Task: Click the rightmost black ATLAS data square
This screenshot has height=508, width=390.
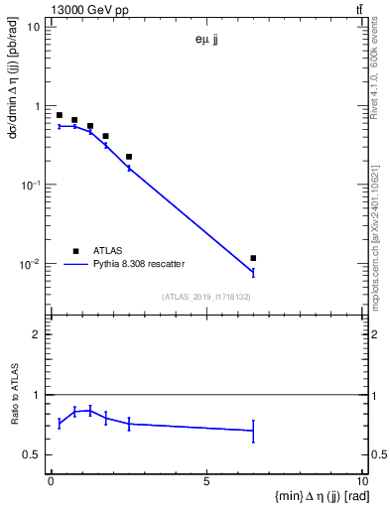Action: point(253,258)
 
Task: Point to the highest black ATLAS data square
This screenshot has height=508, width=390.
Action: point(59,115)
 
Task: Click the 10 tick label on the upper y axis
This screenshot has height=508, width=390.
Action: point(34,27)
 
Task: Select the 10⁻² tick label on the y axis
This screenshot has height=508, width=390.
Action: point(29,265)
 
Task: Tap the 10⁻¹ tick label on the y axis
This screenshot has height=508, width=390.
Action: point(29,186)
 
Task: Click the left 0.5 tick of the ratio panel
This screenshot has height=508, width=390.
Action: point(33,454)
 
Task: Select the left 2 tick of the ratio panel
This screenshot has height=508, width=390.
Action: point(37,334)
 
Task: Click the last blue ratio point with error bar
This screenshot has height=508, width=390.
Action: point(253,431)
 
